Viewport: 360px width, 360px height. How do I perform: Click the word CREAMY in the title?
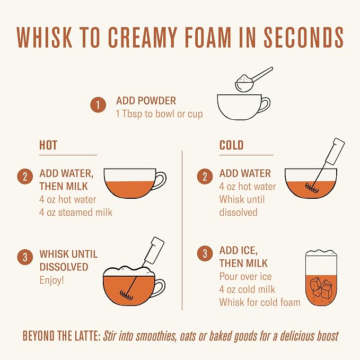coord(142,38)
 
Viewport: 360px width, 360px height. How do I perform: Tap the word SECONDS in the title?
coord(303,38)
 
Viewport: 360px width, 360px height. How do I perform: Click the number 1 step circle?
coord(98,105)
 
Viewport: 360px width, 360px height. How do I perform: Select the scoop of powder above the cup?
coord(245,83)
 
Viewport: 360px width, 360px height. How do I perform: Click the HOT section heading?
coord(48,145)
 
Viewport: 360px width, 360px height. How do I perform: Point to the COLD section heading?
coord(231,145)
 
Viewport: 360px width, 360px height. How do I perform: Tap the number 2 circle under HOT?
coord(25,177)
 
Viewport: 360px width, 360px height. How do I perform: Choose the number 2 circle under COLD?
coord(205,177)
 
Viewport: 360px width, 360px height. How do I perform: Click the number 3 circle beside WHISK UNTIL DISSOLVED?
coord(25,257)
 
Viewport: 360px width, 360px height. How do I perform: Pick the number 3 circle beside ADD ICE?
coord(205,253)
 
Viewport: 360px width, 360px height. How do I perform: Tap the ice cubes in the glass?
coord(321,287)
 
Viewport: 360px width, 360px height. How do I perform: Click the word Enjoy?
coord(51,280)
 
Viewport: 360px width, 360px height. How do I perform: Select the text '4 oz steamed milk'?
coord(76,213)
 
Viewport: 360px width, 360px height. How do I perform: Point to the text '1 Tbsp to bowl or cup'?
coord(160,114)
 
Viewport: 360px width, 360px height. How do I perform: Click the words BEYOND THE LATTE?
coord(62,336)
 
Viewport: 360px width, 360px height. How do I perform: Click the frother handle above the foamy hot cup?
coord(154,250)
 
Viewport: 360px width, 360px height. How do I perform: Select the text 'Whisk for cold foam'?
coord(260,302)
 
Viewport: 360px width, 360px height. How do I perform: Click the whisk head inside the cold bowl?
coord(312,188)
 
